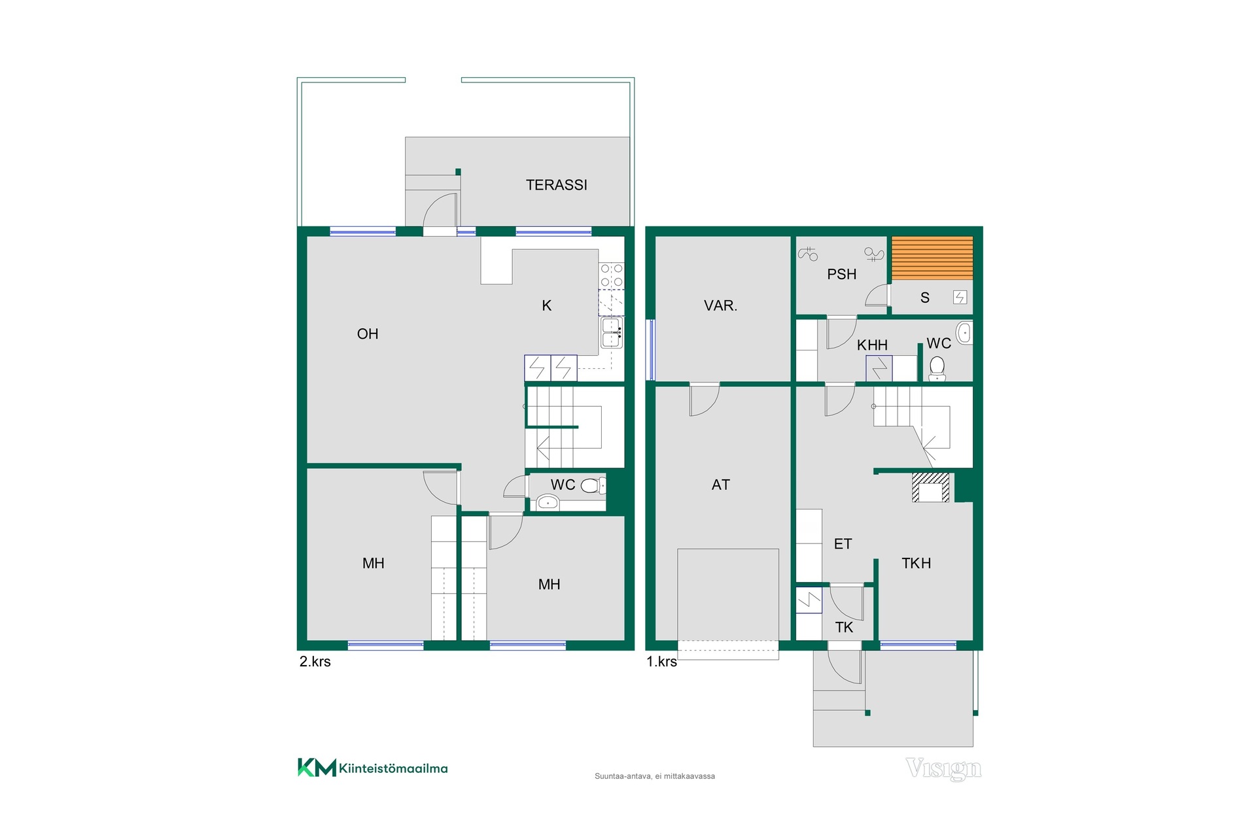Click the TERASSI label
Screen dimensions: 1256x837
tap(557, 185)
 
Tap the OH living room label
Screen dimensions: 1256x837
tap(368, 334)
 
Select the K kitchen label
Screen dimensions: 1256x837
tap(547, 305)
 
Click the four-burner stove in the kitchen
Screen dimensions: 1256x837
tap(612, 275)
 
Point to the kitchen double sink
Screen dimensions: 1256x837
tap(612, 333)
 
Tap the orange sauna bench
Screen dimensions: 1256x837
tap(932, 258)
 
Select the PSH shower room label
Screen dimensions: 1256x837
tap(842, 275)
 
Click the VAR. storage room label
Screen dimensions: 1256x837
tap(720, 305)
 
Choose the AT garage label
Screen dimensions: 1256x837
tap(720, 485)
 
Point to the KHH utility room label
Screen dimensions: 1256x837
tap(873, 345)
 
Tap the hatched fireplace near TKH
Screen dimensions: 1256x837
tap(931, 487)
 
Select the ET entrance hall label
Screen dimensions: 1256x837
tap(843, 544)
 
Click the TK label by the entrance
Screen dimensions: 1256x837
tap(844, 628)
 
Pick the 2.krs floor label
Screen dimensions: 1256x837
tap(315, 662)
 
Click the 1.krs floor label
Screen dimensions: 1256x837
tap(661, 662)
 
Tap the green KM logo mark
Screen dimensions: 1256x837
tap(317, 768)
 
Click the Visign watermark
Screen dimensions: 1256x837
tap(943, 769)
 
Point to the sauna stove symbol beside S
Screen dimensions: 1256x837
tap(960, 298)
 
